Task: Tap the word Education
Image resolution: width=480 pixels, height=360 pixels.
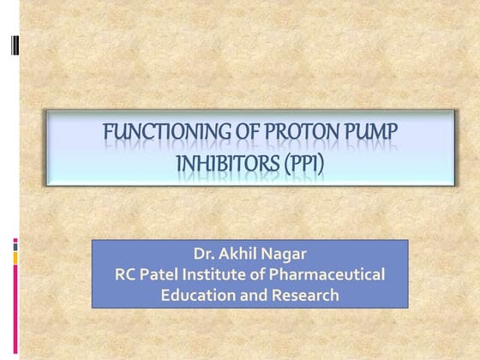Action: tap(196, 295)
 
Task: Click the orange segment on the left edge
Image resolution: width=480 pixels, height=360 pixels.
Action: tap(15, 256)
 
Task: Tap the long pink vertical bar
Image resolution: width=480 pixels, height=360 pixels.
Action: tap(15, 308)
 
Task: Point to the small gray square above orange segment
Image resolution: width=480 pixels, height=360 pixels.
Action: tap(15, 243)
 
